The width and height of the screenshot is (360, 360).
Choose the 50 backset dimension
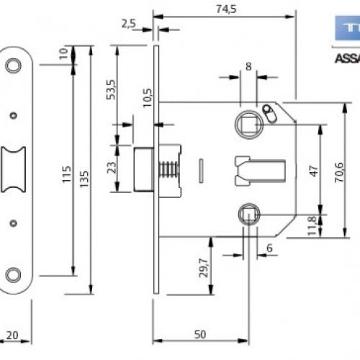point(202,335)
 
